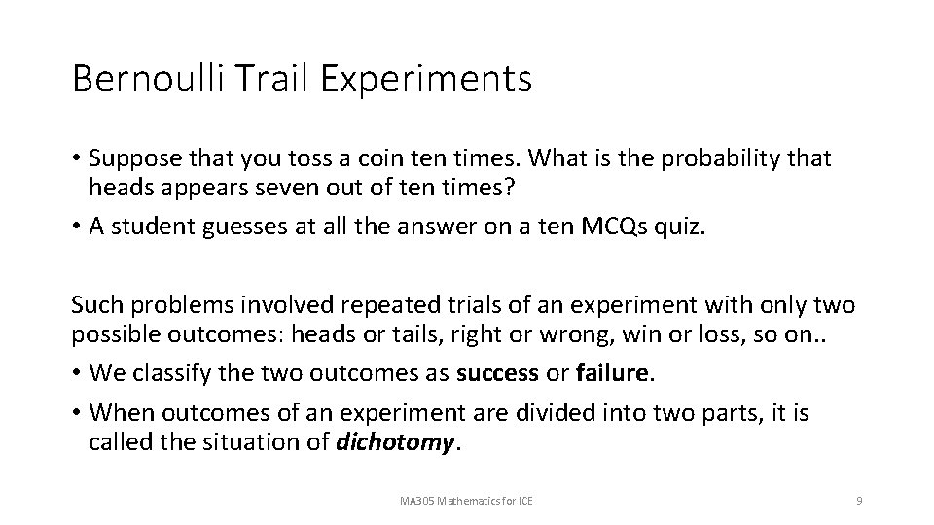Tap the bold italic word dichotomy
click(395, 443)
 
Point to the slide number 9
click(859, 501)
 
